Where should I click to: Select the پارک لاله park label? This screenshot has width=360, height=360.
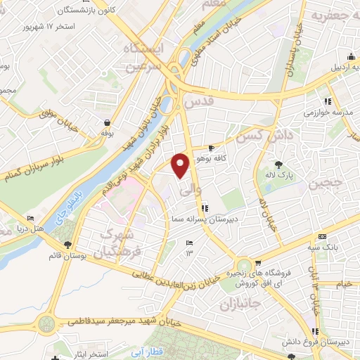point(283,173)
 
